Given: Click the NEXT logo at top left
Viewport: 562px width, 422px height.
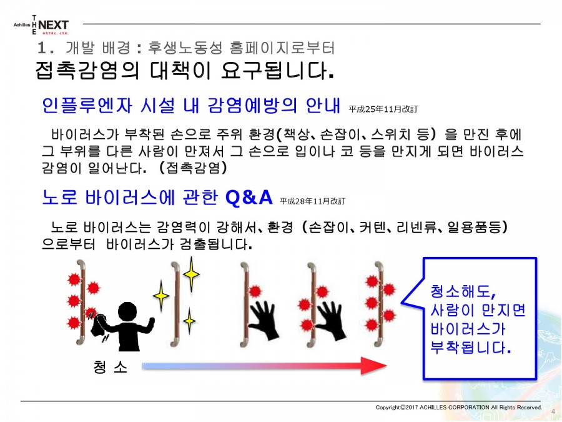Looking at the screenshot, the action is [53, 25].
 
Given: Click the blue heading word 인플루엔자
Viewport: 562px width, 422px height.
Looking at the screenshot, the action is [87, 106].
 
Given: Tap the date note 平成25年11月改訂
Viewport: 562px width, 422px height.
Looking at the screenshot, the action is [383, 109].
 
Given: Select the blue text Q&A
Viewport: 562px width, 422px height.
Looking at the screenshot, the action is [249, 197].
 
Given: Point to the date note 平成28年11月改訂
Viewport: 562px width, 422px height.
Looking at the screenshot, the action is [313, 201].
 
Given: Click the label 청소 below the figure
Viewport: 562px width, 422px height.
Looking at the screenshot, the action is [110, 367].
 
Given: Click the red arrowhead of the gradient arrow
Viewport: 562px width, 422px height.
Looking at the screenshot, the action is [374, 366].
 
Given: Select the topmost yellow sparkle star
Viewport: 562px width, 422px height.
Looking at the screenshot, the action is [192, 274].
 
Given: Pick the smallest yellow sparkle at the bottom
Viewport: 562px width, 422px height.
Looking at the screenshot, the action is [189, 321].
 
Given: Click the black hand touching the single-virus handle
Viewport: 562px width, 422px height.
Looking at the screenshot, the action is [264, 319].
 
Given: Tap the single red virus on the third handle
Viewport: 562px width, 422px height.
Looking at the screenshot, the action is [255, 291].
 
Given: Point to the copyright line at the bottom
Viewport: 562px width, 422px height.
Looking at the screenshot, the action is [458, 407].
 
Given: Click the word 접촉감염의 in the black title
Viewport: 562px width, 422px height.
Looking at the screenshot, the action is [87, 70].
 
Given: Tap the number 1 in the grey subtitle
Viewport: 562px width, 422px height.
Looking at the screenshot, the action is [42, 48].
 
